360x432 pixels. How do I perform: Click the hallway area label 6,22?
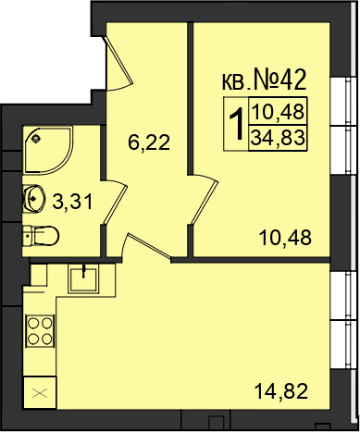149,143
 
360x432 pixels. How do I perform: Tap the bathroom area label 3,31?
72,203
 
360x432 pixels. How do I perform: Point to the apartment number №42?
279,80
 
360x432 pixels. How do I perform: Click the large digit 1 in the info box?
237,125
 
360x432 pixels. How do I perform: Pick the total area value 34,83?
278,138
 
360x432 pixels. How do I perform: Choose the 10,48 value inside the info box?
279,111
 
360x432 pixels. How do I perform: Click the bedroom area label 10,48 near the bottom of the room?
285,238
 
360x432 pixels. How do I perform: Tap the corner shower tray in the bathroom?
49,150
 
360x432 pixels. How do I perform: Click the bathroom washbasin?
34,198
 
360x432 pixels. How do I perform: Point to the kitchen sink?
83,279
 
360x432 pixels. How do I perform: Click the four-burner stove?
40,331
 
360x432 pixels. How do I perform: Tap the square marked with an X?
40,393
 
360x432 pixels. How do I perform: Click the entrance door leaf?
118,61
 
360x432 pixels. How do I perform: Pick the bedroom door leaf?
204,203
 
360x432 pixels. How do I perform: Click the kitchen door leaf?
148,247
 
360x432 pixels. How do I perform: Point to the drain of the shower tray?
36,139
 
